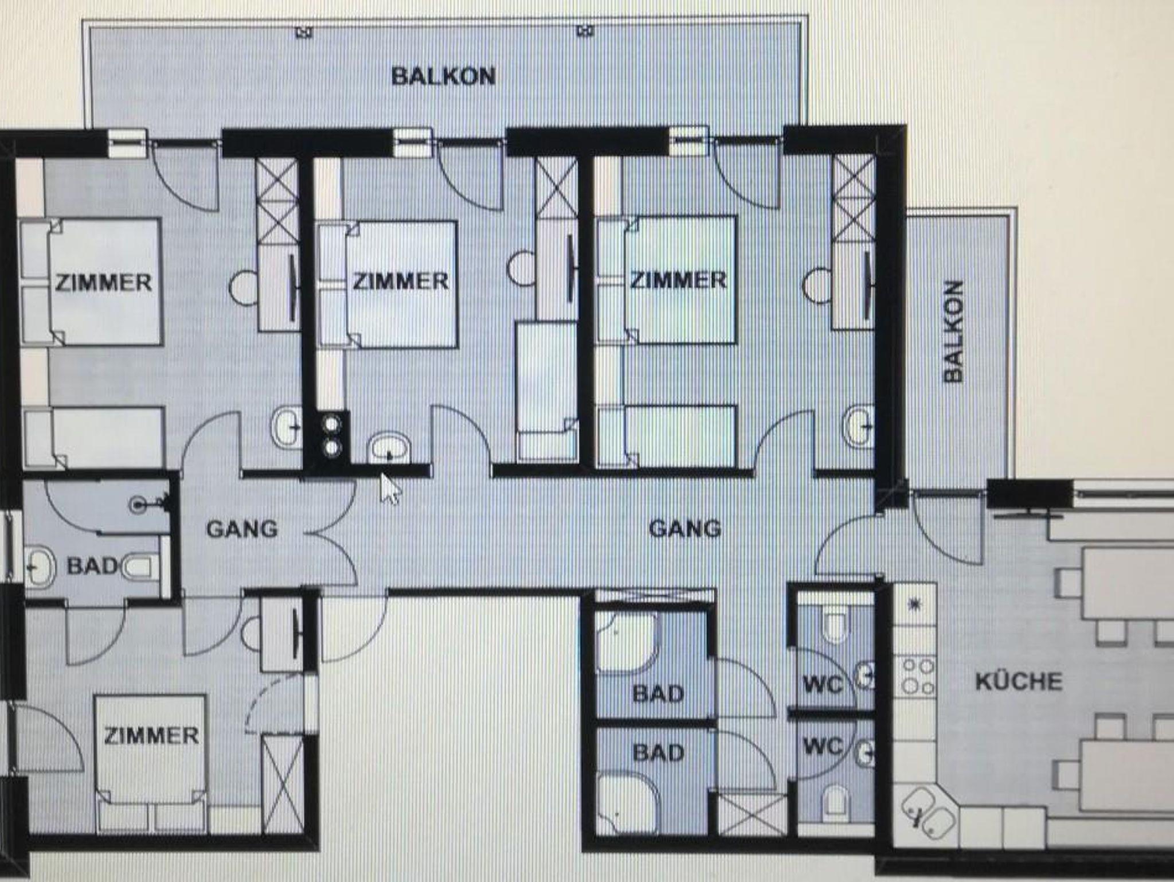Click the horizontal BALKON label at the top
(443, 76)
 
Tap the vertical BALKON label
(953, 331)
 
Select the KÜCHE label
(1019, 681)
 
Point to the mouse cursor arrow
(390, 488)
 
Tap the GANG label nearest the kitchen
(684, 528)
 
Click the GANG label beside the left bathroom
(241, 529)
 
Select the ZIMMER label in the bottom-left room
(151, 736)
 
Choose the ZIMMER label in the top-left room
(104, 283)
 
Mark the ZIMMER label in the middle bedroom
(400, 281)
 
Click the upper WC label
(823, 684)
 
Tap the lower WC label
(823, 746)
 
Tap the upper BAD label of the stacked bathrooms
(658, 694)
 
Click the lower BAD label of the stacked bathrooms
(658, 752)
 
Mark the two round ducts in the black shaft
(332, 436)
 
